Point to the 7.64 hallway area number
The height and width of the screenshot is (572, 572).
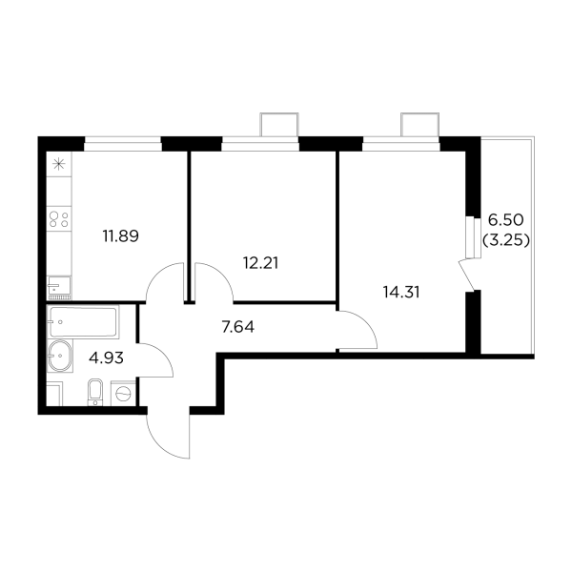(236, 327)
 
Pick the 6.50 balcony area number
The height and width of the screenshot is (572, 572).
(505, 221)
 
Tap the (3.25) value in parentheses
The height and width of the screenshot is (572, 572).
(505, 241)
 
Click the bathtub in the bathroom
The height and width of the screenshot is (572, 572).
(83, 322)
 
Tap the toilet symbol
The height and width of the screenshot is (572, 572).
(94, 392)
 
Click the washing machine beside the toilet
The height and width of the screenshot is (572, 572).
(123, 393)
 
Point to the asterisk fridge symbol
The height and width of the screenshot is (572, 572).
(57, 163)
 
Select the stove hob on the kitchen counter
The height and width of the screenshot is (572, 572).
(57, 219)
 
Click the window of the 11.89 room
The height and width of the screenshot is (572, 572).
(122, 146)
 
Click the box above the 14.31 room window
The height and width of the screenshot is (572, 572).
(420, 126)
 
